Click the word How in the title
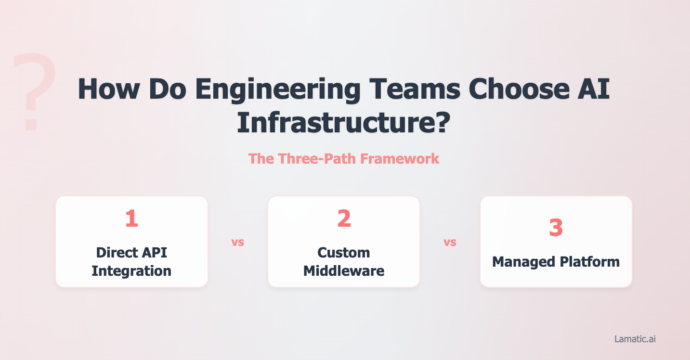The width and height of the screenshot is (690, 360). tap(106, 90)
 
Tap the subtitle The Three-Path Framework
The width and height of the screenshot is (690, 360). tap(344, 158)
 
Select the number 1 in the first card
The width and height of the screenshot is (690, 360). tap(131, 218)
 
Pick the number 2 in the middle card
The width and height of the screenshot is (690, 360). tap(344, 218)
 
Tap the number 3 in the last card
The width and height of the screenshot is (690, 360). tap(556, 228)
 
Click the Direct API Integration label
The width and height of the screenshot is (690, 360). tap(131, 261)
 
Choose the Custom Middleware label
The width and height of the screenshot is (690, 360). tap(344, 261)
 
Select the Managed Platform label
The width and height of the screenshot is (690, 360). tap(556, 262)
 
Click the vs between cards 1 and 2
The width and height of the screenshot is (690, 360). tap(238, 242)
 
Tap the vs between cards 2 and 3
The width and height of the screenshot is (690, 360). tap(450, 242)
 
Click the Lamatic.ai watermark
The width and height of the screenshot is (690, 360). tap(635, 339)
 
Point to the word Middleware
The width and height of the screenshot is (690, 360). tap(344, 270)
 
